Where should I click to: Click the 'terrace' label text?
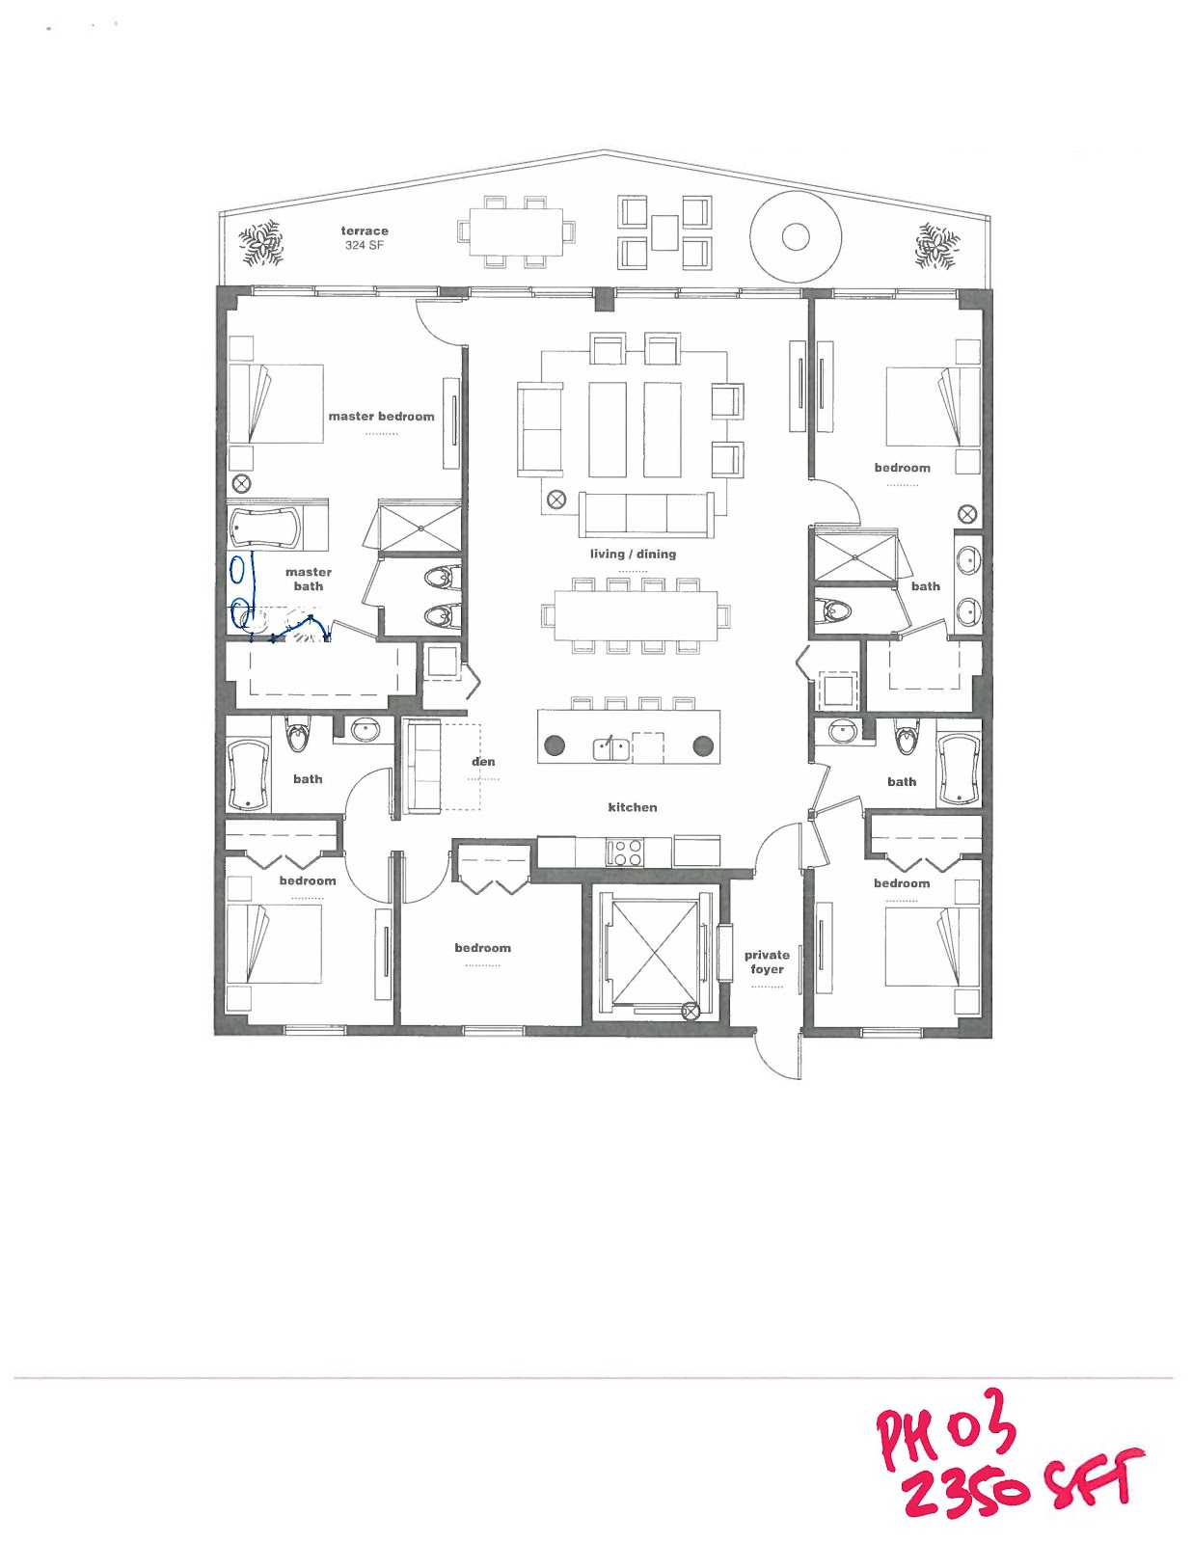coord(364,231)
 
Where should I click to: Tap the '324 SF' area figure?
coord(364,246)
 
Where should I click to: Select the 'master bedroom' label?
coord(381,417)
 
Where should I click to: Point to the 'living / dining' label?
coord(633,555)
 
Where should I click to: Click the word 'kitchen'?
coord(632,808)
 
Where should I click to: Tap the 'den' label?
coord(483,762)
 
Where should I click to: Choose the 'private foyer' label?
coord(767,962)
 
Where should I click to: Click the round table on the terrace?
coord(796,236)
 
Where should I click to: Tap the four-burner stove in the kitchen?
coord(624,853)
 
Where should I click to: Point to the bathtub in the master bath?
coord(264,528)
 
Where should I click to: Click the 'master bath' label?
coord(309,580)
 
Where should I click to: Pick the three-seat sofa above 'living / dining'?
coord(646,515)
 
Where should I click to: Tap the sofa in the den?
coord(422,766)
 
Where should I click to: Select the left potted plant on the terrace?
coord(261,243)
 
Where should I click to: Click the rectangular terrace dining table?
coord(515,232)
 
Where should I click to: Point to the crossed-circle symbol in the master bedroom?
coord(242,483)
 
